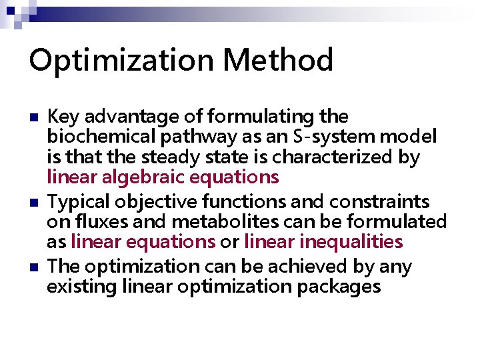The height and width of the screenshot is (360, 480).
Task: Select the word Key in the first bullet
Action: point(62,117)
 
